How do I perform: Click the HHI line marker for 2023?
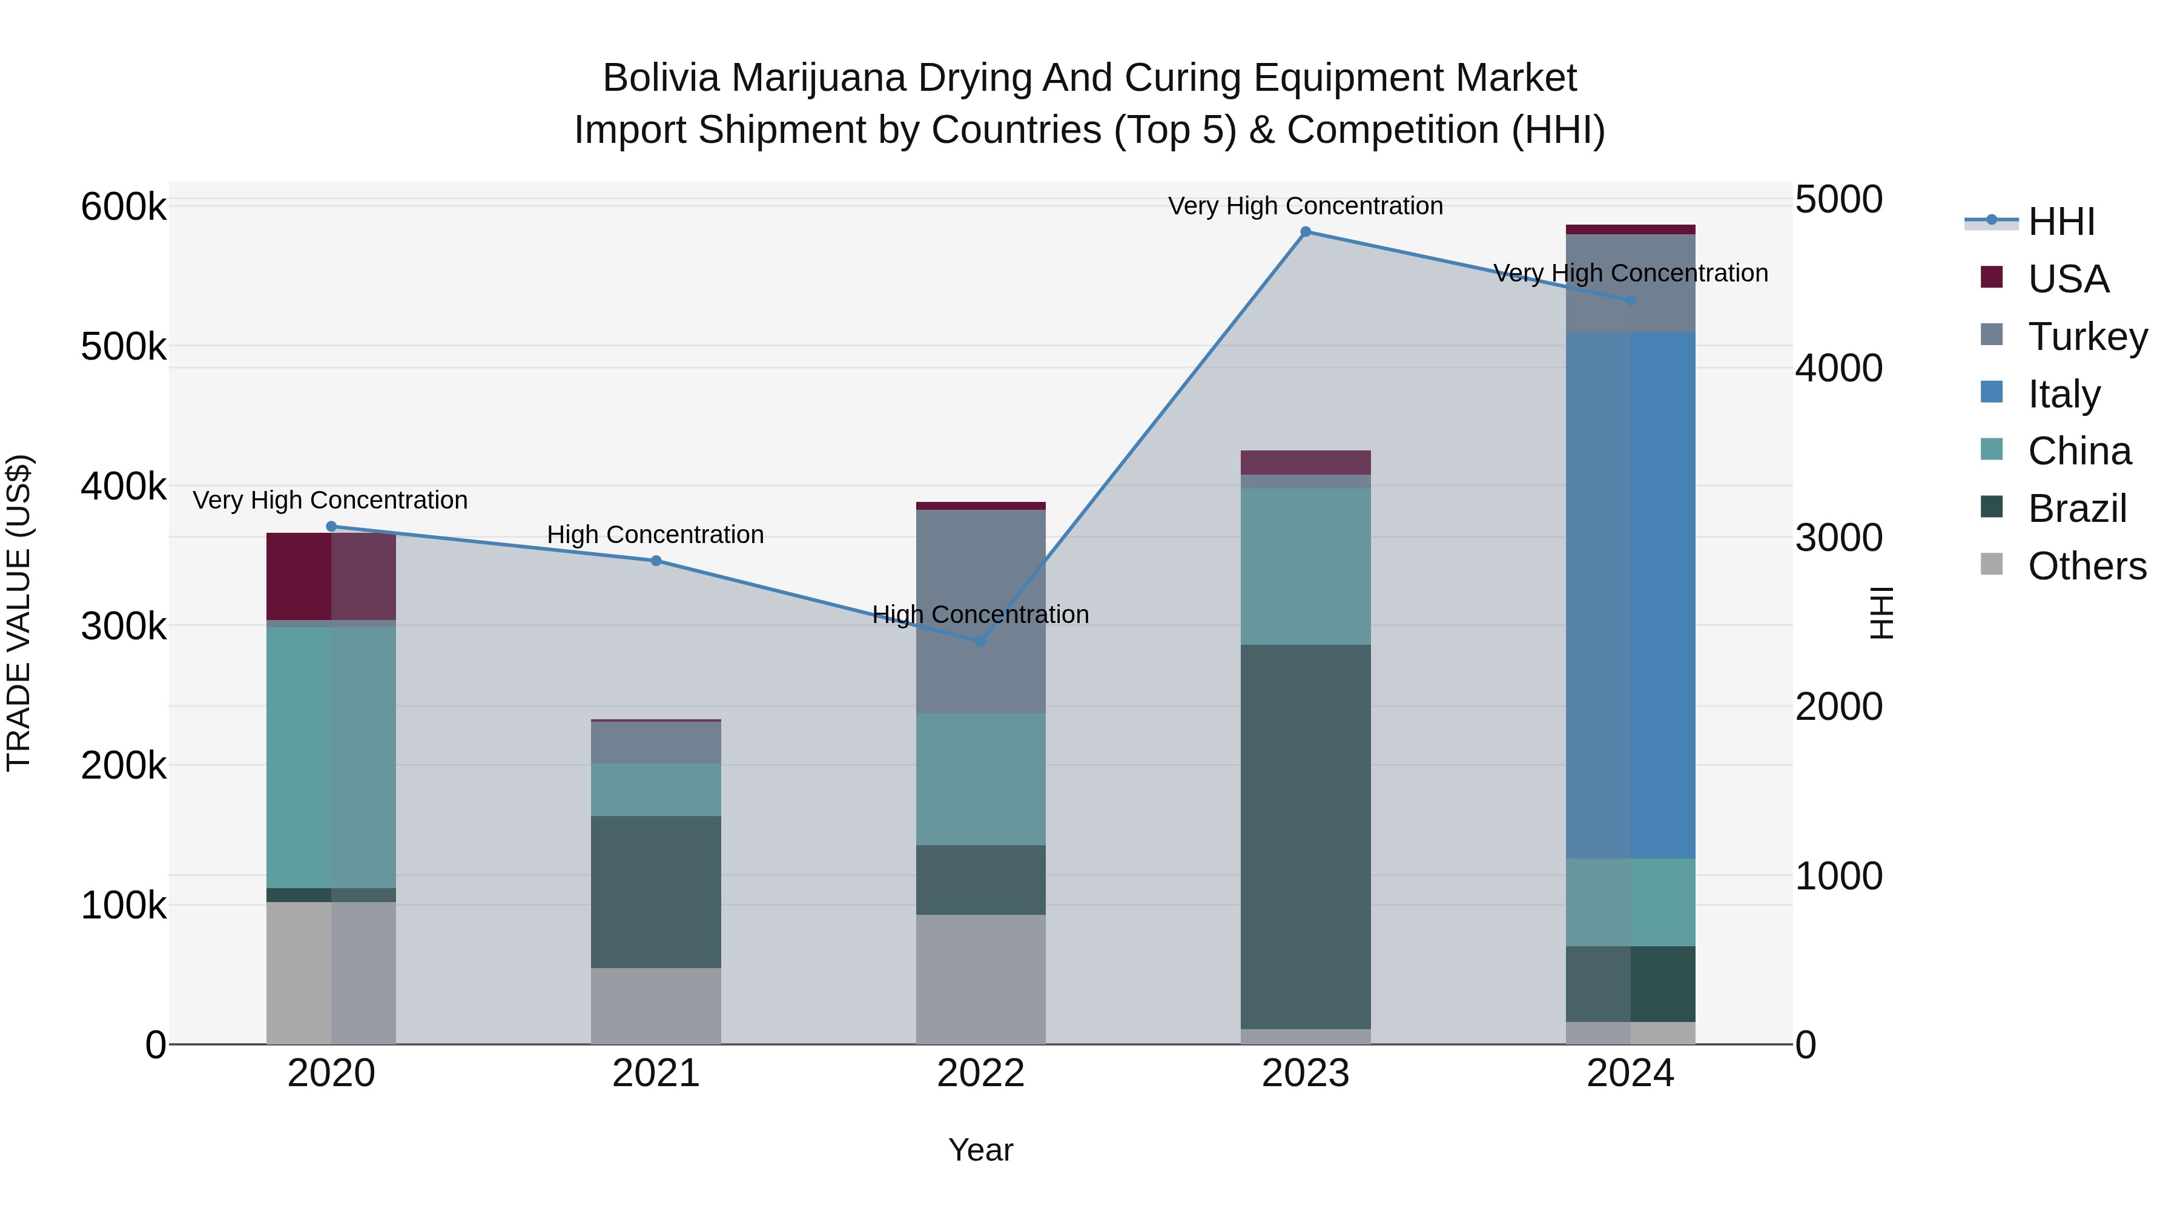click(x=1305, y=232)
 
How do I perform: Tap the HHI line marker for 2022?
click(x=981, y=641)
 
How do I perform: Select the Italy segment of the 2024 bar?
click(x=1631, y=596)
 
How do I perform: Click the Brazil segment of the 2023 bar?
click(x=1305, y=837)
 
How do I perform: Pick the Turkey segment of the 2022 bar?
click(x=981, y=611)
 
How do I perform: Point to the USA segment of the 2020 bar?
click(x=331, y=576)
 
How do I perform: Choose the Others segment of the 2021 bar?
click(x=656, y=1006)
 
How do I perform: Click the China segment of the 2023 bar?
click(x=1305, y=566)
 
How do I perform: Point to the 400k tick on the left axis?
click(x=124, y=487)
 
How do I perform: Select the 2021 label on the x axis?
click(x=656, y=1073)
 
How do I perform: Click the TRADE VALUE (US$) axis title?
click(x=19, y=613)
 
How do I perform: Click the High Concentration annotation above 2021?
click(x=655, y=535)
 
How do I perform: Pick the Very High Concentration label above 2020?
click(x=330, y=500)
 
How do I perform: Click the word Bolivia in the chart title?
click(x=661, y=78)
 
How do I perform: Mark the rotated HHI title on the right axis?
click(x=1880, y=613)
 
